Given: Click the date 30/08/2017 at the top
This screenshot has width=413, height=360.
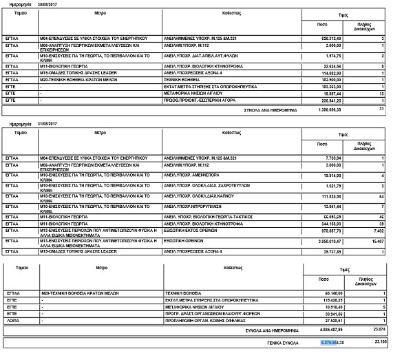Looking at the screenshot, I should pos(39,3).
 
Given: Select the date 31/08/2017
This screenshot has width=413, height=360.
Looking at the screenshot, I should pos(39,124).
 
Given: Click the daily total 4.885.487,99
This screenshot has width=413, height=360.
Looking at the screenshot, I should pos(335,330).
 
